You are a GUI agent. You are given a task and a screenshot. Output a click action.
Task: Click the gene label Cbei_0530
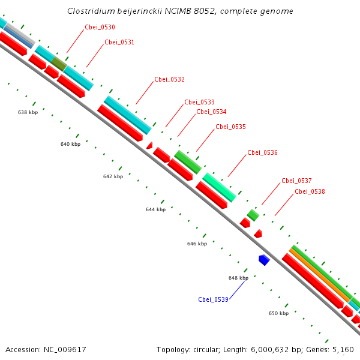100,27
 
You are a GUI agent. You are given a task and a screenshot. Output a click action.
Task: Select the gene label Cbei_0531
119,42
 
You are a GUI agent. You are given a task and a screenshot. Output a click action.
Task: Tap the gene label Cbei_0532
169,79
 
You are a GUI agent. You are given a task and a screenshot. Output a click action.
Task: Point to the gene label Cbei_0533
199,102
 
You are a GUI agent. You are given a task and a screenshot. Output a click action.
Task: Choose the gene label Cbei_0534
211,112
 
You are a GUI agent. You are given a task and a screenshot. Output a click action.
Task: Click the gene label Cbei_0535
230,127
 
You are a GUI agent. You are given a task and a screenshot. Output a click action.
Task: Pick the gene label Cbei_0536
262,152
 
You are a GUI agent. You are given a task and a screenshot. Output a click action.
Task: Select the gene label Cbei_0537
296,181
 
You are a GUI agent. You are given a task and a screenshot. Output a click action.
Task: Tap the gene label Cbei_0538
310,191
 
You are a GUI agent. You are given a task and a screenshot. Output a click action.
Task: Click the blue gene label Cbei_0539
213,299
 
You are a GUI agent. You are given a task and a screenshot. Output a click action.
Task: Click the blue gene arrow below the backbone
263,260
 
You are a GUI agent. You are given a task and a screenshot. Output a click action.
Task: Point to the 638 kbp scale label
28,112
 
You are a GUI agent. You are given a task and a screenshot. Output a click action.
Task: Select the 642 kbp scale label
113,176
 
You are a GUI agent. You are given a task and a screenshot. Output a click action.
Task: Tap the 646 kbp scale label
197,244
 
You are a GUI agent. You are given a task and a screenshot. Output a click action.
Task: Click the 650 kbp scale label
278,313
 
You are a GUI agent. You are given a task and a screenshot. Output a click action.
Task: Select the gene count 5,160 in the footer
342,349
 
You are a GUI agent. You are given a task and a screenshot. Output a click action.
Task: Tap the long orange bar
320,273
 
